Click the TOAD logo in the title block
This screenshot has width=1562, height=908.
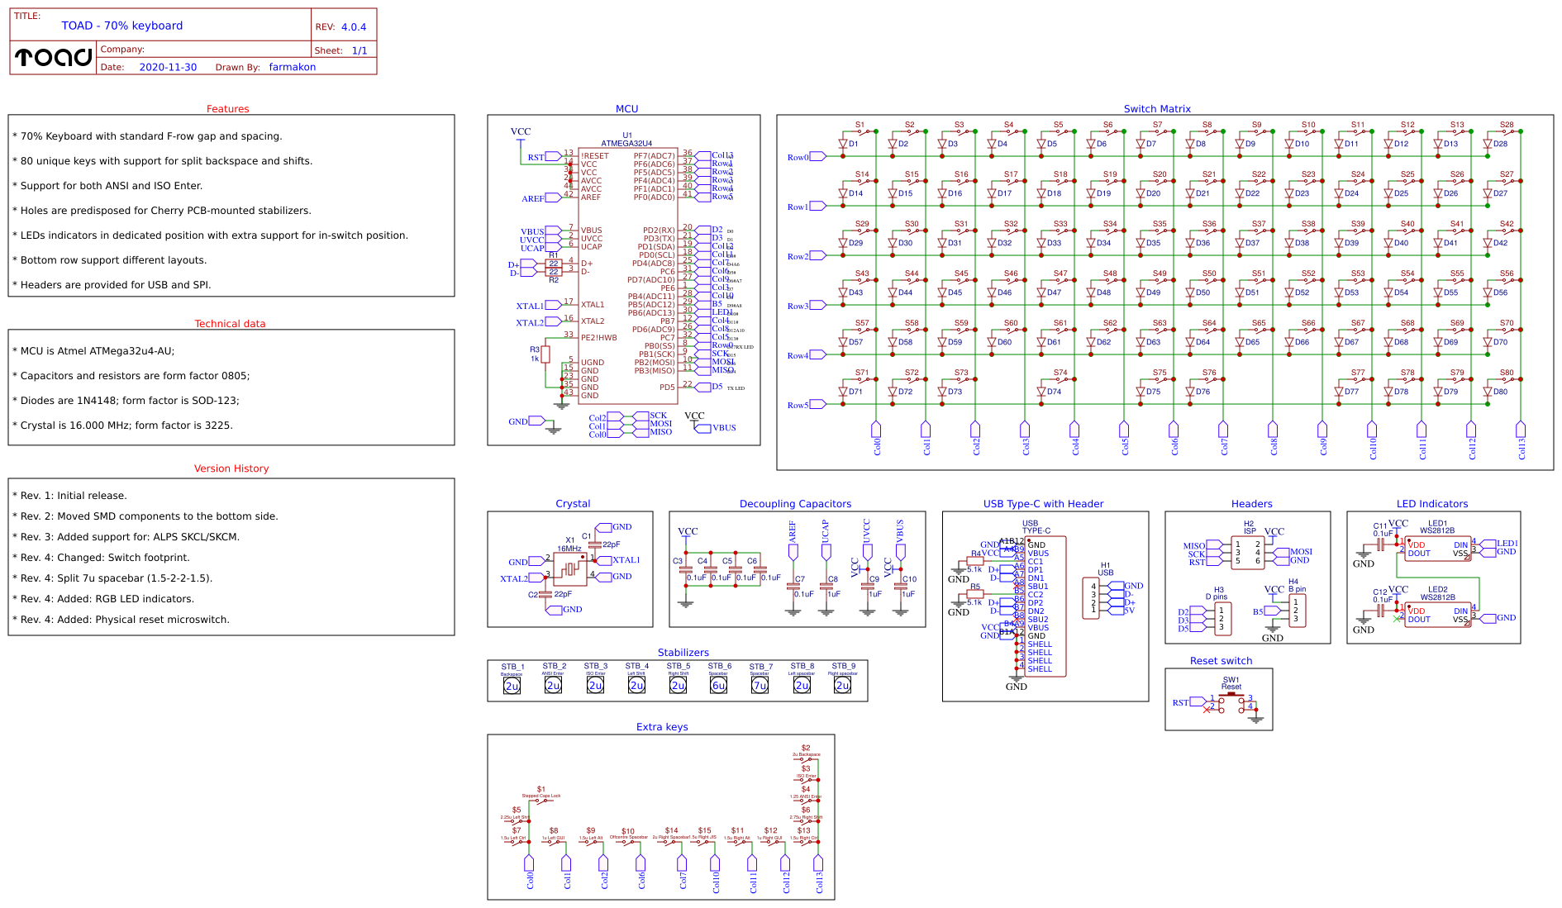pyautogui.click(x=54, y=57)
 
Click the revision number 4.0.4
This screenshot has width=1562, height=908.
pyautogui.click(x=354, y=27)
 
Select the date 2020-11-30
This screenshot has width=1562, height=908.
pyautogui.click(x=168, y=68)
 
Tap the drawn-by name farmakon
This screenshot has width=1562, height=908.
pyautogui.click(x=292, y=68)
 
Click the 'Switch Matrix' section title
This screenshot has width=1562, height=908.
pyautogui.click(x=1156, y=109)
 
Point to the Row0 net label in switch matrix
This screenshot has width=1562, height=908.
pyautogui.click(x=798, y=157)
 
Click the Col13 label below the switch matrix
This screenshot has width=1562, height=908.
pyautogui.click(x=1522, y=448)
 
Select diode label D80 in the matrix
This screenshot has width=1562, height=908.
pyautogui.click(x=1500, y=392)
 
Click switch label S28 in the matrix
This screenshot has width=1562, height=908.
pyautogui.click(x=1507, y=125)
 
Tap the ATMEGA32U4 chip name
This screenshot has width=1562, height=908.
pyautogui.click(x=626, y=143)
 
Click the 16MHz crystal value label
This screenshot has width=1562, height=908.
pyautogui.click(x=569, y=549)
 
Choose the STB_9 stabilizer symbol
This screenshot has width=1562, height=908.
pyautogui.click(x=842, y=684)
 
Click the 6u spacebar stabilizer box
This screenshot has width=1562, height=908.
pyautogui.click(x=718, y=685)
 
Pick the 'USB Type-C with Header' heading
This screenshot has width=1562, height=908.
pyautogui.click(x=1043, y=504)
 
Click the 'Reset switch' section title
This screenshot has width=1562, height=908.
pyautogui.click(x=1221, y=661)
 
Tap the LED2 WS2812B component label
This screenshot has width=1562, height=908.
pyautogui.click(x=1437, y=593)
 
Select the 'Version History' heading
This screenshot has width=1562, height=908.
pyautogui.click(x=231, y=468)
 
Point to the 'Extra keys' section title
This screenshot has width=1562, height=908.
pyautogui.click(x=661, y=727)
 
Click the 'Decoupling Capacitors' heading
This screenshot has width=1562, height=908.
pyautogui.click(x=795, y=504)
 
